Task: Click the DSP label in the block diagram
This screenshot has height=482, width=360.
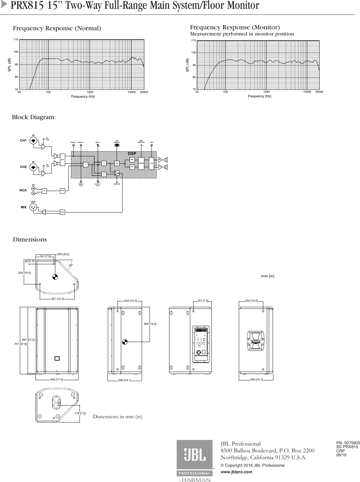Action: pos(132,153)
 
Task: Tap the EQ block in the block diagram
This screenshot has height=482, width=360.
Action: pos(117,163)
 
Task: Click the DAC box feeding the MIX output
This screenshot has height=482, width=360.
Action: pos(62,212)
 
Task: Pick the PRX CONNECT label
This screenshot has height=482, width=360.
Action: pos(117,142)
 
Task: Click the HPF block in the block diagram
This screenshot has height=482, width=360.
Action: pos(132,160)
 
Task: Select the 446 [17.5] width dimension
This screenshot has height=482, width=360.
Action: pos(57,379)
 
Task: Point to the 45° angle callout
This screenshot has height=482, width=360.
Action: pos(70,265)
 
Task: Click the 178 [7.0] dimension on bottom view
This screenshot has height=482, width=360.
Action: pos(80,413)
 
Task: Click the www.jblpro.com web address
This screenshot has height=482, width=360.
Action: pos(237,472)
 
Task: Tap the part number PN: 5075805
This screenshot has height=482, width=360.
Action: pos(348,443)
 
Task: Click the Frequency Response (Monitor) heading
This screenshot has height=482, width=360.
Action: pos(235,27)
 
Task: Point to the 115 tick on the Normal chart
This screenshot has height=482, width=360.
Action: pos(15,39)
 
